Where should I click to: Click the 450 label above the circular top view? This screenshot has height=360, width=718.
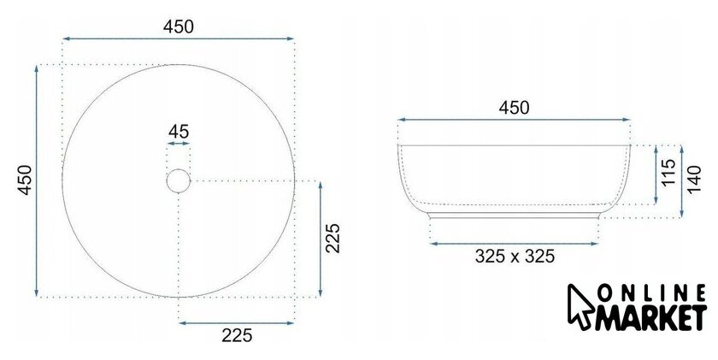point(178,27)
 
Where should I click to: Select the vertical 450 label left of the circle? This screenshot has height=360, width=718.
point(25,180)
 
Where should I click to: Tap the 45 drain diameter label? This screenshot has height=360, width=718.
point(179,132)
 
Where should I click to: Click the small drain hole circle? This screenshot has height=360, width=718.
point(178,181)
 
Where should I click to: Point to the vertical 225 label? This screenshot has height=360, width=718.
point(333,239)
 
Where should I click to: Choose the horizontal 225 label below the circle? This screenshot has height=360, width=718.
point(237,336)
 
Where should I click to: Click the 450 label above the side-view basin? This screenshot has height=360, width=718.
point(514,108)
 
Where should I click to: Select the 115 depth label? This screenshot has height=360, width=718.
point(668,172)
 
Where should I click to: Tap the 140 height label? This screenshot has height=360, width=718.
point(694,180)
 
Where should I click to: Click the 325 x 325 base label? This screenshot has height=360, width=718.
point(515,256)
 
